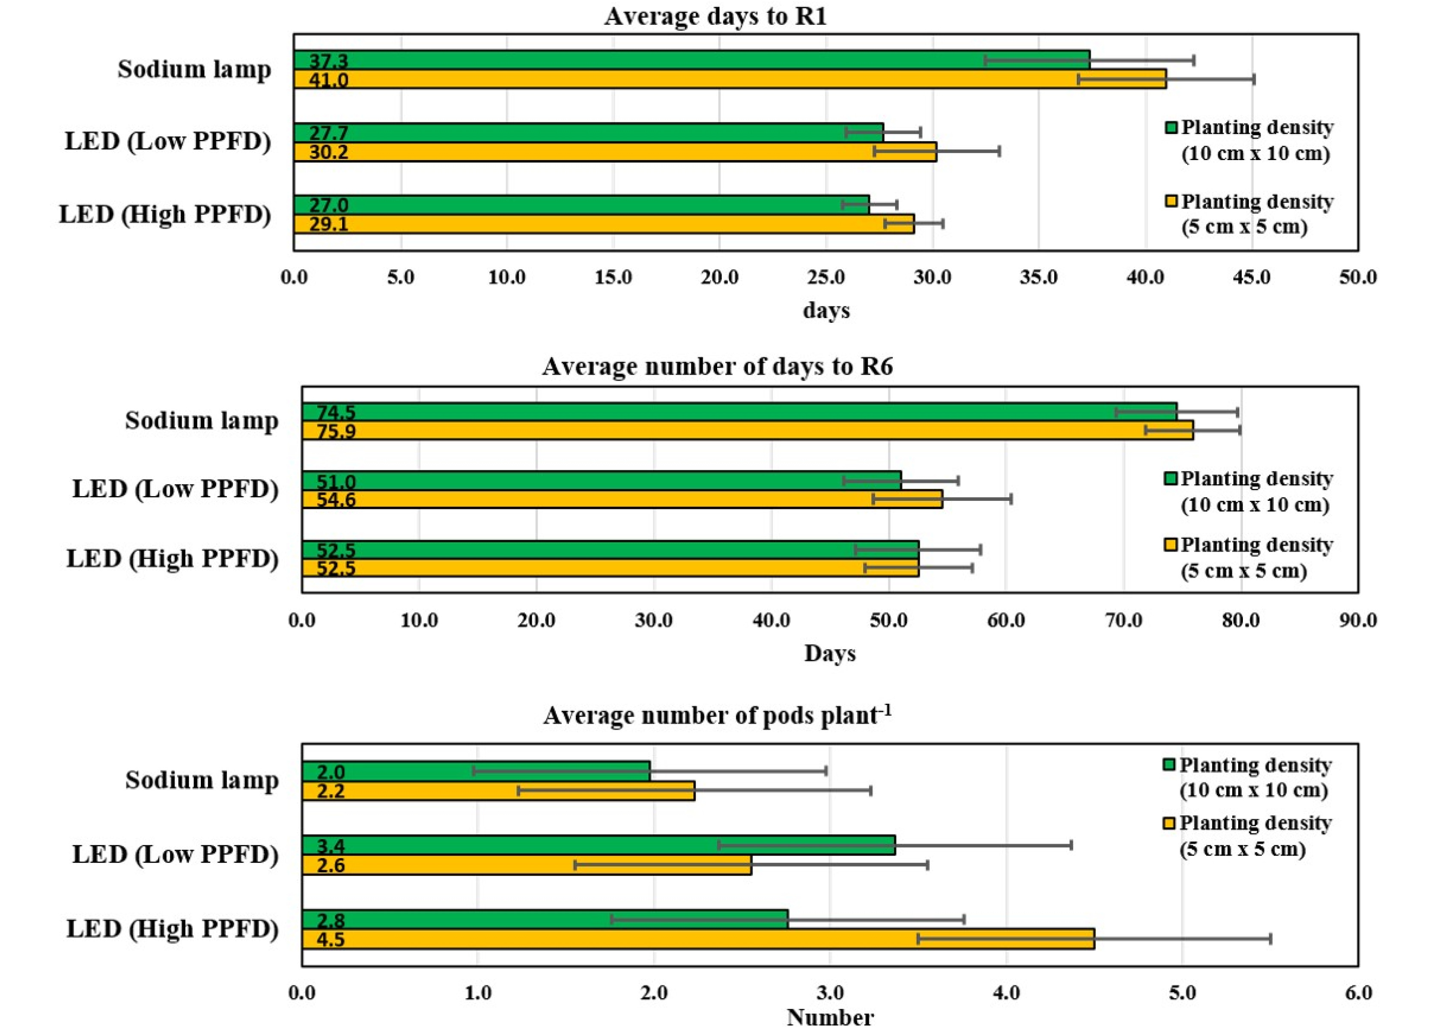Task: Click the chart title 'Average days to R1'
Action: [715, 16]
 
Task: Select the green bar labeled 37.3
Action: [692, 60]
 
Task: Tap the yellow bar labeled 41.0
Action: [730, 79]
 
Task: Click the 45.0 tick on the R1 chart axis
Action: [1252, 277]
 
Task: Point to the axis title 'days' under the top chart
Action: [826, 310]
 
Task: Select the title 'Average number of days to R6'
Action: [718, 366]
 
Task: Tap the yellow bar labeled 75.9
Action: [748, 431]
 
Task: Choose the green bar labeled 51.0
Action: [602, 480]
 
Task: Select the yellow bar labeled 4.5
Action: [698, 939]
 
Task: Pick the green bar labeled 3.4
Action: [599, 845]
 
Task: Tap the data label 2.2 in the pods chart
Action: [331, 791]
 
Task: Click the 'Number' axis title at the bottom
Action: [830, 1017]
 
